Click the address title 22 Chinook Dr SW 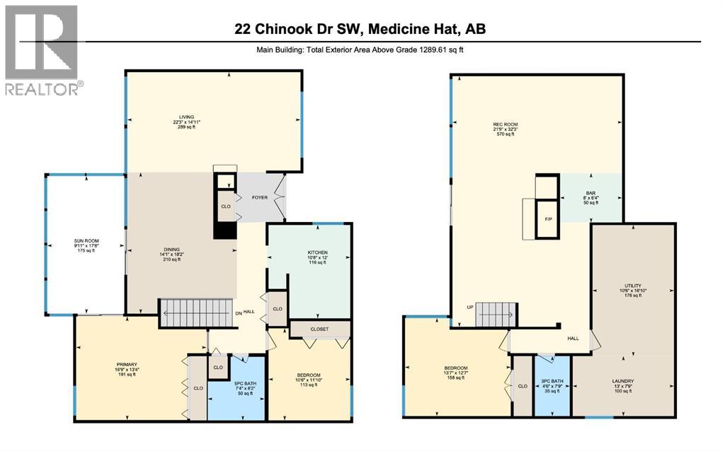click(360, 29)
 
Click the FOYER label click(260, 197)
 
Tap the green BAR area click(590, 198)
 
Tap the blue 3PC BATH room click(552, 385)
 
